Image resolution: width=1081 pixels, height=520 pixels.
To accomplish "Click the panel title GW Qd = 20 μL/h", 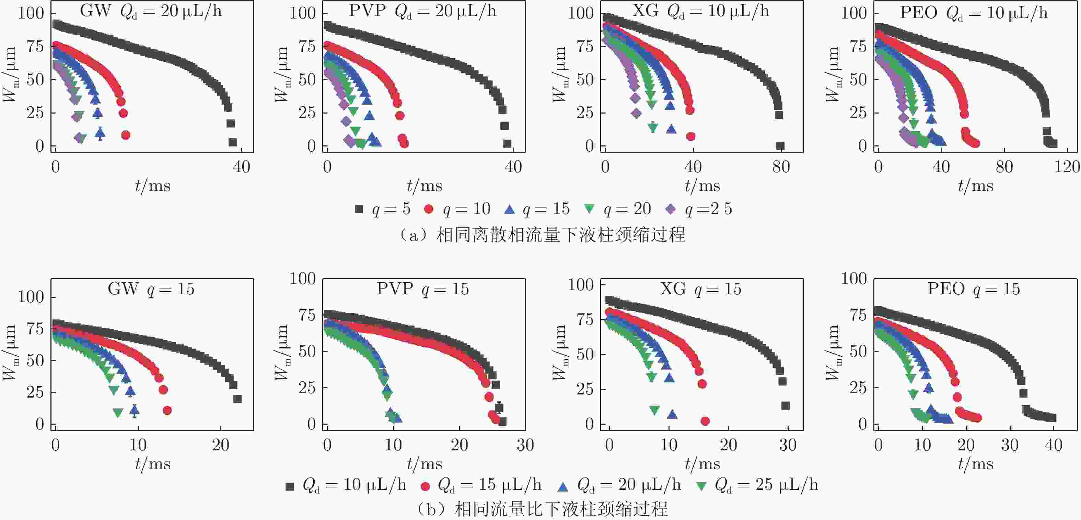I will coord(151,11).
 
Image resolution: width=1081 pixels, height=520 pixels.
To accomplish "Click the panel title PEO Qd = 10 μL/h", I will coord(974,13).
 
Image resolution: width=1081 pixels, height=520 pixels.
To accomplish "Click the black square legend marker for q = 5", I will coord(359,209).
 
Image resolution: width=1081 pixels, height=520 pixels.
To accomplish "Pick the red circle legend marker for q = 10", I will coord(429,209).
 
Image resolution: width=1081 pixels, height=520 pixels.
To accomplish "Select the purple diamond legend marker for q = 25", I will coord(671,209).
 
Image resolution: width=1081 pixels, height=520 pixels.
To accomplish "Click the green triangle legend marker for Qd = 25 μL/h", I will coord(701,486).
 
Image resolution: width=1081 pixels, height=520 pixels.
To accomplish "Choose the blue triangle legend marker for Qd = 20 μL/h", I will coord(563,486).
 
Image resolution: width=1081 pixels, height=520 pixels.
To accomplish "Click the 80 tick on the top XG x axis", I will coord(781,167).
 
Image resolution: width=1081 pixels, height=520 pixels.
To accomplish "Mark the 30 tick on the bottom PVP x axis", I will coord(525,445).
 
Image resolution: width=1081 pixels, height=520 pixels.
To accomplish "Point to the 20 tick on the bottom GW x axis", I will coord(221,445).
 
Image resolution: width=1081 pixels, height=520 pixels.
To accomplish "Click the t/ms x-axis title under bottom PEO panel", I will coord(976,464).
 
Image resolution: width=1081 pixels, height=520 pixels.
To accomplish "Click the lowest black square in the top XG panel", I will coord(780,146).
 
